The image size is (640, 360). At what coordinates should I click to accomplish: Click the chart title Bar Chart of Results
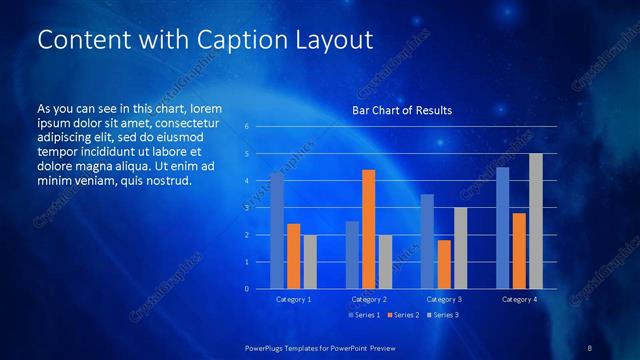(401, 110)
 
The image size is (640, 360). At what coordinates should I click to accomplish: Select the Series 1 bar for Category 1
(277, 231)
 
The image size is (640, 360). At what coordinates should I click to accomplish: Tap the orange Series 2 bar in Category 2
(368, 229)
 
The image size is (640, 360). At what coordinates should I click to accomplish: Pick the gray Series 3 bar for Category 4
(536, 221)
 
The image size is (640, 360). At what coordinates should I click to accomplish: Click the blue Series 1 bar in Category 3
(427, 241)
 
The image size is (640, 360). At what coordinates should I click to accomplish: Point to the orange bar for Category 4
(519, 250)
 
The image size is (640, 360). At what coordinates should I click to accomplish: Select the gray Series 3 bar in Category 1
(310, 261)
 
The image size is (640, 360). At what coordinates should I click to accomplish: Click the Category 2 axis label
(369, 299)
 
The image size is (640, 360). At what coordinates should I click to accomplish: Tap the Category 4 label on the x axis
(519, 299)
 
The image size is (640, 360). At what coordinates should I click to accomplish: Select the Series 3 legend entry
(442, 315)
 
